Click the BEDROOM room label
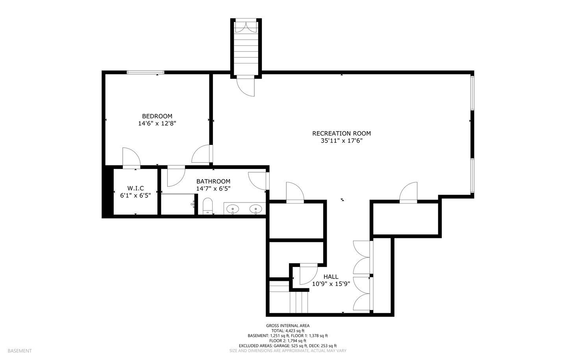click(x=157, y=116)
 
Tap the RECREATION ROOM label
click(x=341, y=133)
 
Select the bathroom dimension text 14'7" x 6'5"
click(x=213, y=189)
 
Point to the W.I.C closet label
click(x=135, y=188)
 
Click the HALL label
click(x=331, y=276)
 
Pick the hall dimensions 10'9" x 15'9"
click(x=331, y=284)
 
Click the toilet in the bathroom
click(x=207, y=206)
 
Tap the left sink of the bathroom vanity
click(x=233, y=208)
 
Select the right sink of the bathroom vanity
click(x=256, y=208)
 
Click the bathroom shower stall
click(x=178, y=204)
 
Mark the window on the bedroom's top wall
click(x=146, y=72)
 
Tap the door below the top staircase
click(x=246, y=86)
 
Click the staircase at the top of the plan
click(x=246, y=48)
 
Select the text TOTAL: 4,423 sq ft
click(x=288, y=331)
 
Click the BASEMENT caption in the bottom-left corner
click(x=20, y=351)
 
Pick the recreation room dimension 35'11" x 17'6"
click(x=341, y=141)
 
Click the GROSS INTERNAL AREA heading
click(x=288, y=326)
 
